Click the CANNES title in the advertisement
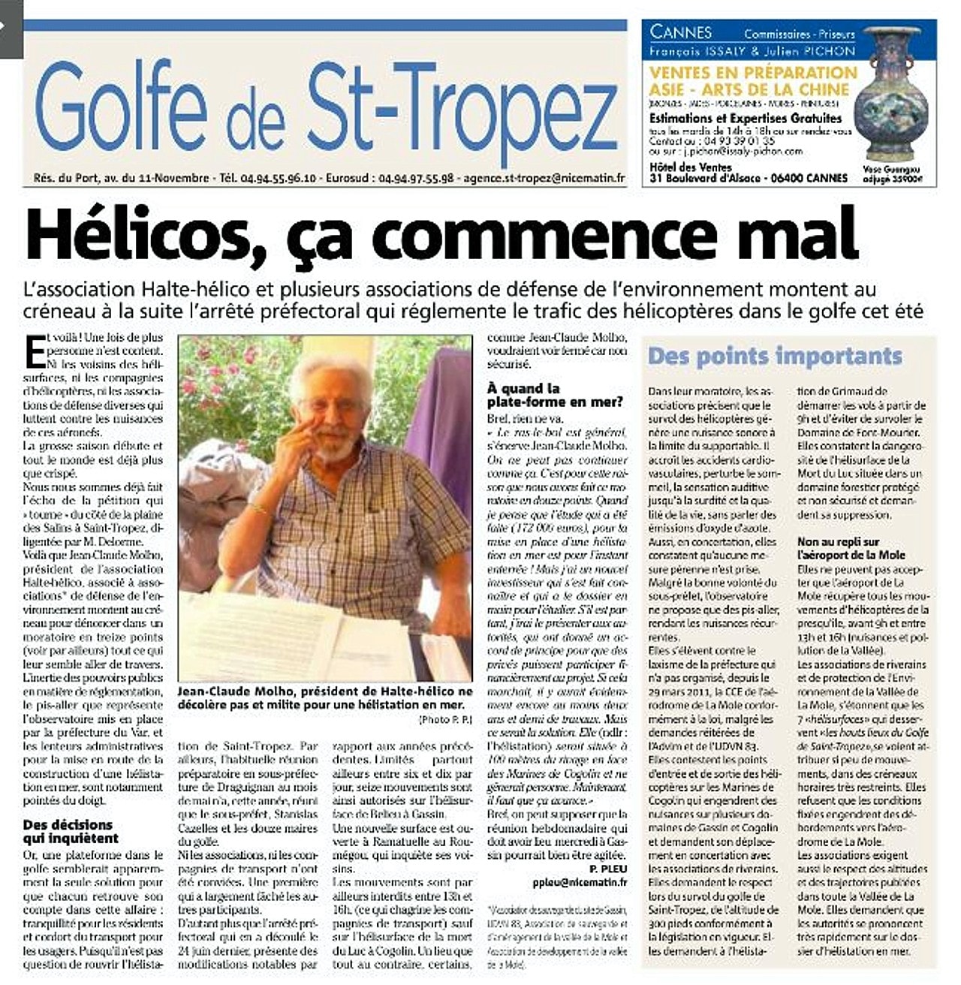tap(680, 32)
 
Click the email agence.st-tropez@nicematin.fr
tap(544, 179)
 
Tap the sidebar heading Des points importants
tap(775, 356)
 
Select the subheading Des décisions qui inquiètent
tap(71, 831)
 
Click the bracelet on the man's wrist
tap(259, 511)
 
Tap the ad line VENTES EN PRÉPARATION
tap(752, 73)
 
